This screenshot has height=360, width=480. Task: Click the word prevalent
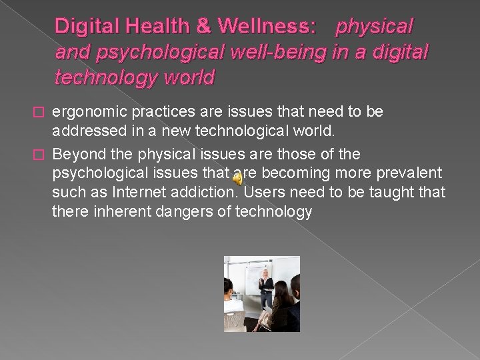click(x=410, y=173)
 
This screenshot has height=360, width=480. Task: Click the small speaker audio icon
click(x=237, y=178)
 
